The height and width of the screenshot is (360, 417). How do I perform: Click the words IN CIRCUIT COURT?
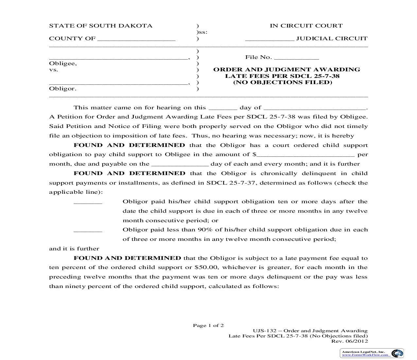point(306,26)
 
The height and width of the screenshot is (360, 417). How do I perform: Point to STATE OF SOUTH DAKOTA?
point(101,26)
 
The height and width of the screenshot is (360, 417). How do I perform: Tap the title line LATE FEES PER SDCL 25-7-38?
point(282,76)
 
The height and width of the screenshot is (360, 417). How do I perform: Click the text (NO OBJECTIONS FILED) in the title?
point(283,82)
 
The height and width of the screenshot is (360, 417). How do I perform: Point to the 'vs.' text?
point(54,70)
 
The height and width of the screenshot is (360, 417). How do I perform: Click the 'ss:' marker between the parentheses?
point(203,32)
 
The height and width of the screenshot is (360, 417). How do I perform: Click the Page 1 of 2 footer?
point(208,325)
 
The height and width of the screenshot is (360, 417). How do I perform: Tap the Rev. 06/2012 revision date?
point(350,341)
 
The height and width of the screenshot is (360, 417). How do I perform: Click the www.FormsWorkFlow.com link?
point(365,355)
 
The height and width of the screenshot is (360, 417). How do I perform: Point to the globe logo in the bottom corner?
point(397,353)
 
